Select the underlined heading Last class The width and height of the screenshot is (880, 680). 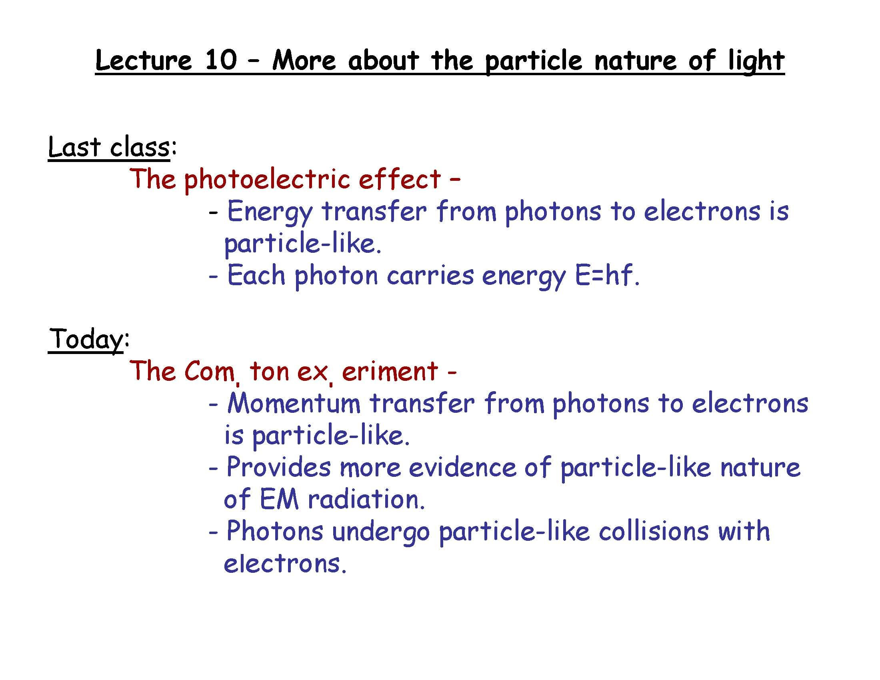108,147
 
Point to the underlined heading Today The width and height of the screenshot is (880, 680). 86,339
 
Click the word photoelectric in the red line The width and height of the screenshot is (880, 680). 267,180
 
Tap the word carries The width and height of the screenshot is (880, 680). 430,276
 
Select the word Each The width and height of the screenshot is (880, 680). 256,276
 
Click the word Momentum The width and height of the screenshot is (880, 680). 294,403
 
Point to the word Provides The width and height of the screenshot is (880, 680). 278,467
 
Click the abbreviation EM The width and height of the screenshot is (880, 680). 279,499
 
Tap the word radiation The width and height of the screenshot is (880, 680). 366,499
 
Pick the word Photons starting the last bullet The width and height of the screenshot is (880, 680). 275,531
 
